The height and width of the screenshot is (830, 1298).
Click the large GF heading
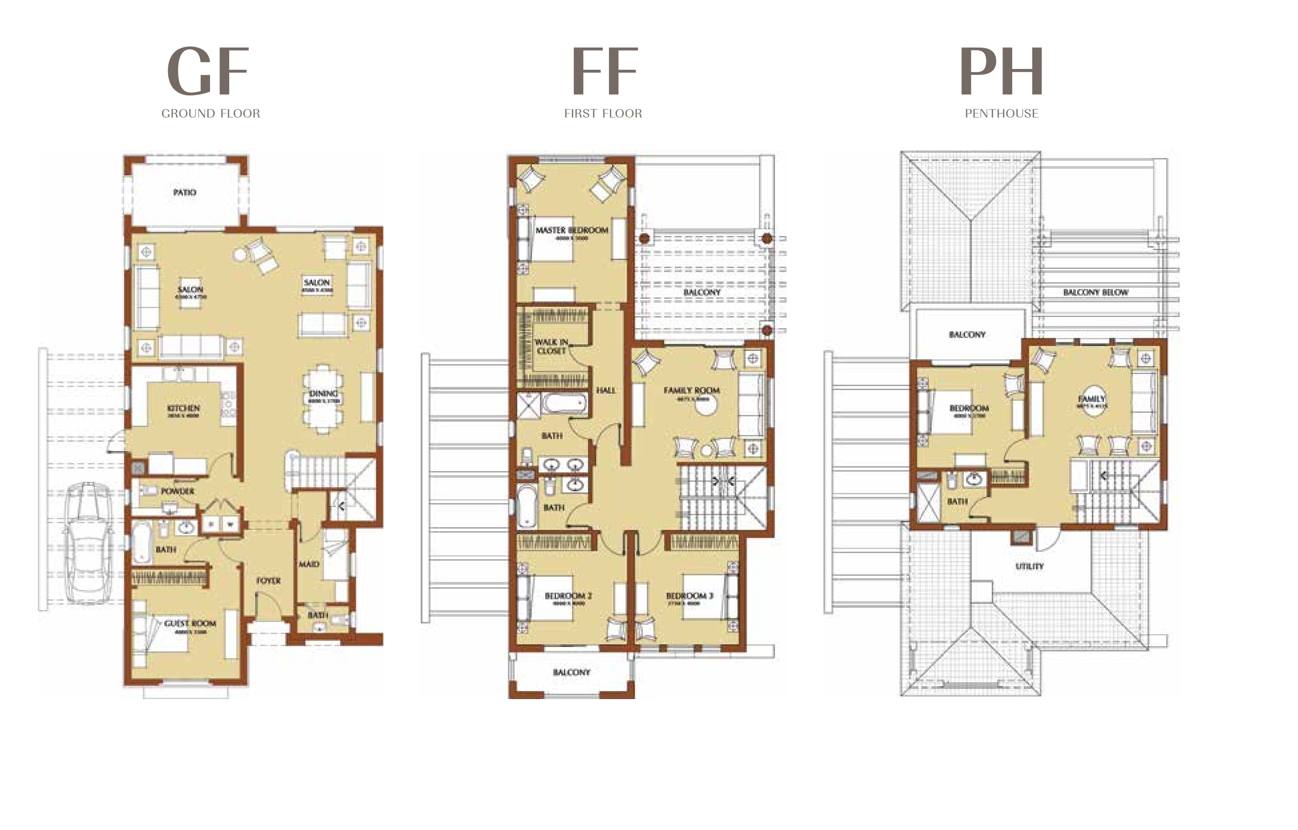207,71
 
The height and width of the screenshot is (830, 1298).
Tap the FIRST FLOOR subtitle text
603,113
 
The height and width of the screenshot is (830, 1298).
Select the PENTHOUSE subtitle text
1001,113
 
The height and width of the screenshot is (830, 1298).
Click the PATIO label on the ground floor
184,192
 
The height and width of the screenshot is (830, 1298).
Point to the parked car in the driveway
89,541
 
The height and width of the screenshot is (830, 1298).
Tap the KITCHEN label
183,408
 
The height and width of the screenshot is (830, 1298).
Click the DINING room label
324,394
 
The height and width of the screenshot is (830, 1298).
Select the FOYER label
268,580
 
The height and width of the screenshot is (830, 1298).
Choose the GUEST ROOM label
190,623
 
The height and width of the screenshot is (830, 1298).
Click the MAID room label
309,564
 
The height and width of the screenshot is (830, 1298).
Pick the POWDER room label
177,491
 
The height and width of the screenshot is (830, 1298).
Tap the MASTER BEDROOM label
572,230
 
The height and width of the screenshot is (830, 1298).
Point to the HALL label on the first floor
605,390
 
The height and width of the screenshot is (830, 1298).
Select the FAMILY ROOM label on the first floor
692,390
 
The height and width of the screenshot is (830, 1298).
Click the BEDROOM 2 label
568,595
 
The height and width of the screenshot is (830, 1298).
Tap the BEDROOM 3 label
690,595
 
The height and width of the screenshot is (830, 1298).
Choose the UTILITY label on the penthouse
1029,566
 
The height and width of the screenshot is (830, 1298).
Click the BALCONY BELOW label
1095,292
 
